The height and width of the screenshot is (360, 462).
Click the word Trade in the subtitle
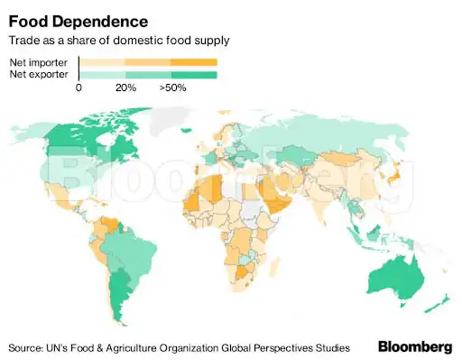[23, 41]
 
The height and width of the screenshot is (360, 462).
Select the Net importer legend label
[37, 61]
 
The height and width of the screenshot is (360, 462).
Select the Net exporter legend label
[37, 73]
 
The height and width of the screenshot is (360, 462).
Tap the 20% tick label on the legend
[125, 88]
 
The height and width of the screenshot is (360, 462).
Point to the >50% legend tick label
[173, 88]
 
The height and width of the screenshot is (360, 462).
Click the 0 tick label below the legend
[79, 88]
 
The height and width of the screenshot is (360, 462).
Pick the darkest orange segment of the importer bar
[194, 61]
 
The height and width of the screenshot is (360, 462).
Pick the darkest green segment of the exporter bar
[194, 73]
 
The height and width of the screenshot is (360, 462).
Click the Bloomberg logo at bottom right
[414, 346]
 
